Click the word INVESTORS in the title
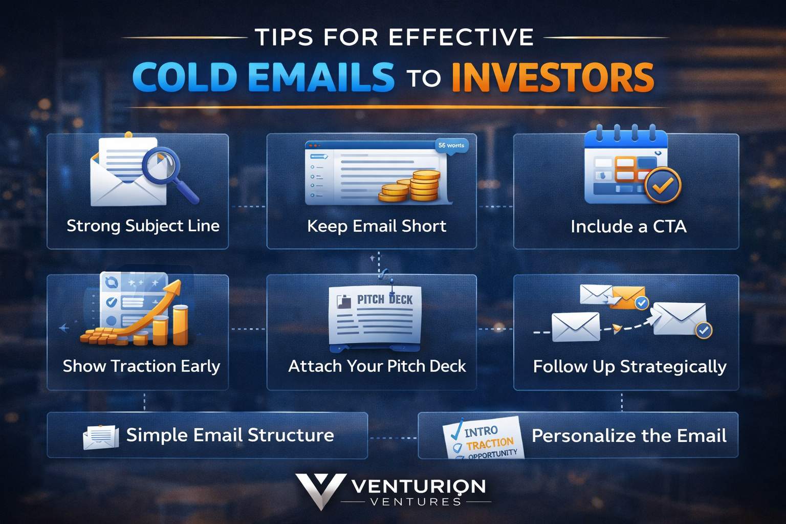pos(553,78)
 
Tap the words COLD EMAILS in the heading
pos(263,78)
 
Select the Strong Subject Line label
pos(143,226)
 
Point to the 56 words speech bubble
pos(451,146)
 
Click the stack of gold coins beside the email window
pos(412,187)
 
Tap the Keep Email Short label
pos(377,226)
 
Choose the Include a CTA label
pos(628,226)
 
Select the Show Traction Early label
pos(141,366)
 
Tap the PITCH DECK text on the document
pos(384,299)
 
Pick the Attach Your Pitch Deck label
pos(377,366)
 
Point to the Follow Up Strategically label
pos(629,366)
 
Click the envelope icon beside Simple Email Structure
pos(101,436)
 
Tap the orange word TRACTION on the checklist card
pos(489,443)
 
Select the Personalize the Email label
pos(629,435)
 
